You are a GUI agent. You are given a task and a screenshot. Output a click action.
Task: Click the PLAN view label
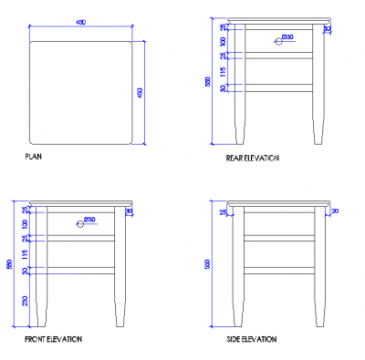(33, 157)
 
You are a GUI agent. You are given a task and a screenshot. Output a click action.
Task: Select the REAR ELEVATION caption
(253, 158)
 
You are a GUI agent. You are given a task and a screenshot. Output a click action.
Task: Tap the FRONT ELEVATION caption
(53, 339)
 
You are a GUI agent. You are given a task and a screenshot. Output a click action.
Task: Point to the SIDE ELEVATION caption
(251, 339)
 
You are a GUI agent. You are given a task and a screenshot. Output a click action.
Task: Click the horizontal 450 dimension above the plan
(81, 23)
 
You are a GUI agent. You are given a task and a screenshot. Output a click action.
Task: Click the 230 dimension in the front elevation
(26, 300)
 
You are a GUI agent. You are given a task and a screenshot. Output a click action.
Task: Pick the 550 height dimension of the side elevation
(208, 264)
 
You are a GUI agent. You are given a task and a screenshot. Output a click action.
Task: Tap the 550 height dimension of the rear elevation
(208, 82)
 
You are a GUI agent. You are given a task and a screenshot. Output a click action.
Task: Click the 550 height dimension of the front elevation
(8, 265)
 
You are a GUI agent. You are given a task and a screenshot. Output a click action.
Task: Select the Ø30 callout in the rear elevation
(287, 36)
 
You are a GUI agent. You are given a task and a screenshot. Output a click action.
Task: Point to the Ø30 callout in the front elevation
(89, 219)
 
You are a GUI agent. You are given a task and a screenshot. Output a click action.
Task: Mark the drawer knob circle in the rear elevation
(277, 40)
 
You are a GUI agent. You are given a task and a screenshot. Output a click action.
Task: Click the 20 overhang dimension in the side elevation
(335, 211)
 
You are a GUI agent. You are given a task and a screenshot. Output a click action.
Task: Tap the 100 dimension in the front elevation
(25, 223)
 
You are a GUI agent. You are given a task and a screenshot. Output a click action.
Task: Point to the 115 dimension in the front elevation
(25, 253)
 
